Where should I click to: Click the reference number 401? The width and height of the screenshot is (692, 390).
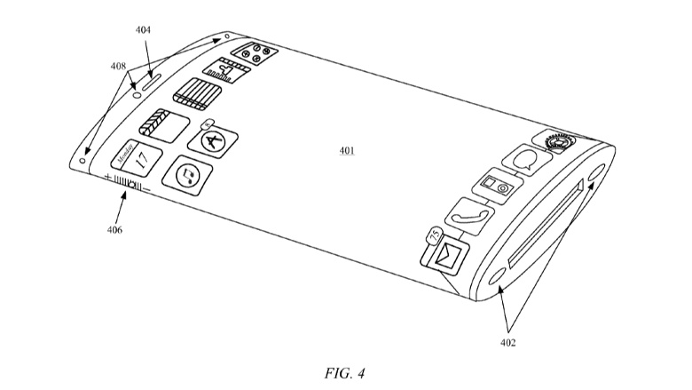point(347,151)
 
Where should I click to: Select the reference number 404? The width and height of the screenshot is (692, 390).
point(143,29)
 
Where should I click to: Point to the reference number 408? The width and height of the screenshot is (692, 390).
point(117,65)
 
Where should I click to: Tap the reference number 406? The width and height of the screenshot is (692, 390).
point(115,230)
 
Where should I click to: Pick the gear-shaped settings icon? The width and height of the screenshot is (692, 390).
point(554,140)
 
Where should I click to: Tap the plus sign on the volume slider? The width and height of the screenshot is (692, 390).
point(107,178)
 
